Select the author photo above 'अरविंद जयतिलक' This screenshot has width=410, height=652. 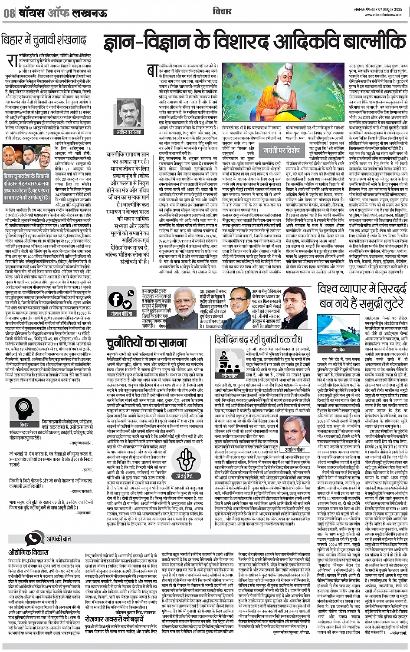tap(129, 115)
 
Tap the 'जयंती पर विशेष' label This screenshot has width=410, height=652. tap(282, 150)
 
